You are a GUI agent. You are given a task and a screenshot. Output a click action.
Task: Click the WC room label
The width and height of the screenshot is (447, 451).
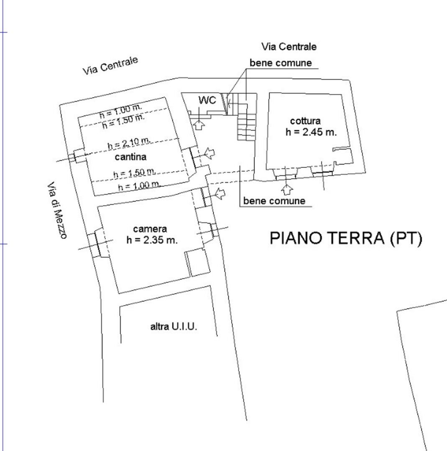pyautogui.click(x=207, y=100)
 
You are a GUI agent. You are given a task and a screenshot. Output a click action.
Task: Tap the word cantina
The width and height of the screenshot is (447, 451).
pyautogui.click(x=130, y=157)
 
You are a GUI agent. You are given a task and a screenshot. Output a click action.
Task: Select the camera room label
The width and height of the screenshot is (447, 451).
pyautogui.click(x=150, y=229)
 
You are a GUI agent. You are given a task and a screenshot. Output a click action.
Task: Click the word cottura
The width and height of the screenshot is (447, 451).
pyautogui.click(x=305, y=121)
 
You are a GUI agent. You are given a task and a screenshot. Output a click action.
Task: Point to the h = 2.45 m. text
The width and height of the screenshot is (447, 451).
pyautogui.click(x=311, y=132)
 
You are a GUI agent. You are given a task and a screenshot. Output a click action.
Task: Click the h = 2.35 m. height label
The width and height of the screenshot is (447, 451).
pyautogui.click(x=152, y=240)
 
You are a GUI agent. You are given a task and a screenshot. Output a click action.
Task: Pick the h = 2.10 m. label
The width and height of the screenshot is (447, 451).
pyautogui.click(x=129, y=143)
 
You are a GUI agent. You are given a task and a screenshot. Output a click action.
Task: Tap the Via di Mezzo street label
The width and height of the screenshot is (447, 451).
pyautogui.click(x=57, y=210)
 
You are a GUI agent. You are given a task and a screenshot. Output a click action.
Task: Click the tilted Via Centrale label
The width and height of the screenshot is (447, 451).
pyautogui.click(x=110, y=66)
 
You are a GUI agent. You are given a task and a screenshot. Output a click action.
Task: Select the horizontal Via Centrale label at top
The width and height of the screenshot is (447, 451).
pyautogui.click(x=289, y=47)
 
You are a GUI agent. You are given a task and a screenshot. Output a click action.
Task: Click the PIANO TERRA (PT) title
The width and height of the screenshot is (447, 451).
pyautogui.click(x=346, y=238)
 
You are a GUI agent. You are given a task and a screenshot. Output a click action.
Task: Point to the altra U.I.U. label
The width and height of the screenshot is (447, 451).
pyautogui.click(x=174, y=327)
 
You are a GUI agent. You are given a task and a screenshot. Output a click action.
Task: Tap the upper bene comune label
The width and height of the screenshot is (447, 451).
pyautogui.click(x=281, y=63)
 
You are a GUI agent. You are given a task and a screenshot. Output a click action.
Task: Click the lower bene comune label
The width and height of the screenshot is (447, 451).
pyautogui.click(x=274, y=201)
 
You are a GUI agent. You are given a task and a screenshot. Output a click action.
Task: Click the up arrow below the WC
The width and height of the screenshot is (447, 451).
pyautogui.click(x=199, y=125)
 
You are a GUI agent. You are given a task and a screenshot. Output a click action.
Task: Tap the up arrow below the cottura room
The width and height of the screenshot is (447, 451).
pyautogui.click(x=286, y=190)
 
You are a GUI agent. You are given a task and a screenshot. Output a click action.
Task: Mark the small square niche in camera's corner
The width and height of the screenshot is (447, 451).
pyautogui.click(x=198, y=263)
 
